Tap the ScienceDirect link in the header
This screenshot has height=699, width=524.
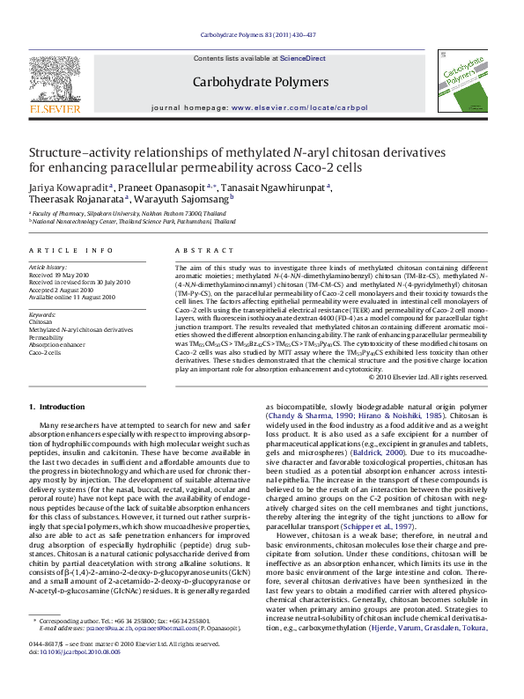click(x=303, y=58)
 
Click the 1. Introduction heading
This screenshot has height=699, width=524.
click(x=57, y=406)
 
